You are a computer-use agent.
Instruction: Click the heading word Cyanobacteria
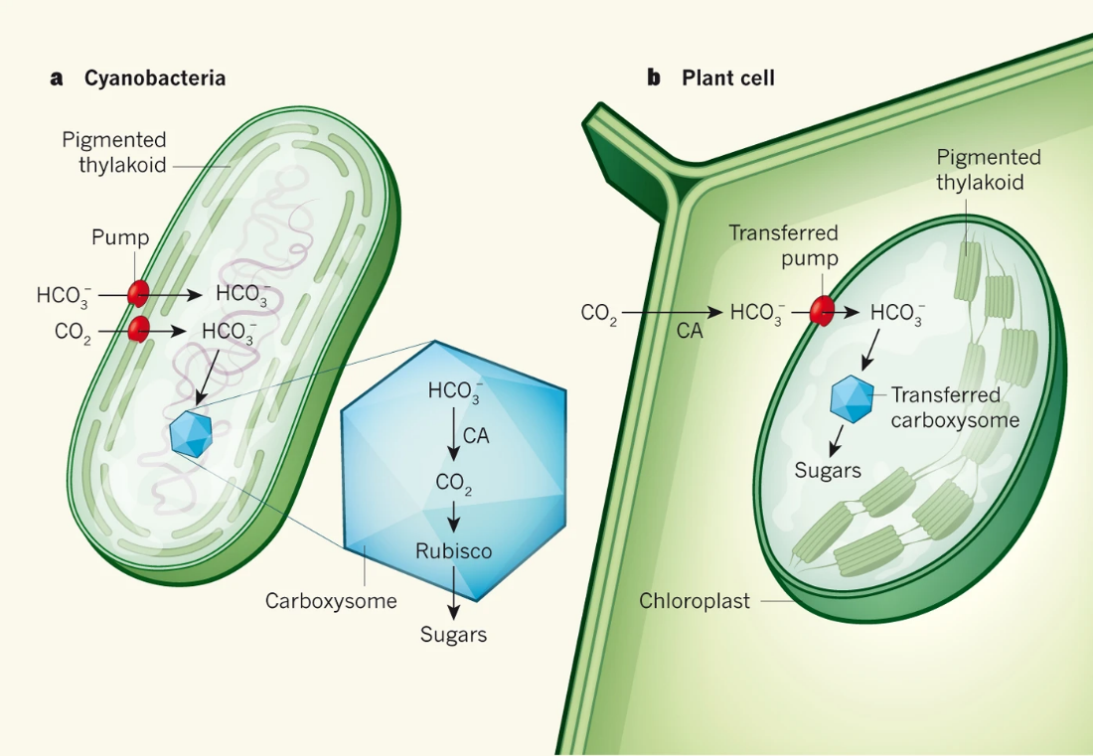(154, 77)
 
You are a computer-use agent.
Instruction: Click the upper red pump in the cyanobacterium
(138, 293)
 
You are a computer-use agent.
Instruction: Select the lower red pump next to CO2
(138, 329)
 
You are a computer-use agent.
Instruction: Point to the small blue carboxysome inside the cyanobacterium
(191, 433)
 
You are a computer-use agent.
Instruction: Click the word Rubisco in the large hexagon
(453, 550)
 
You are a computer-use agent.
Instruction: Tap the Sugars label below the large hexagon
(453, 634)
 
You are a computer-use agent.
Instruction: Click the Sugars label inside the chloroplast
(828, 470)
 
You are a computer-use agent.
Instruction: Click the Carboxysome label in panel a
(331, 601)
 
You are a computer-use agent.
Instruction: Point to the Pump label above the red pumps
(120, 237)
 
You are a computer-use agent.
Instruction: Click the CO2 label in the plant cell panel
(599, 313)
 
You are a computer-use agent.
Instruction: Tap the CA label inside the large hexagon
(476, 434)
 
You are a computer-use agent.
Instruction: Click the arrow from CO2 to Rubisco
(454, 515)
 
